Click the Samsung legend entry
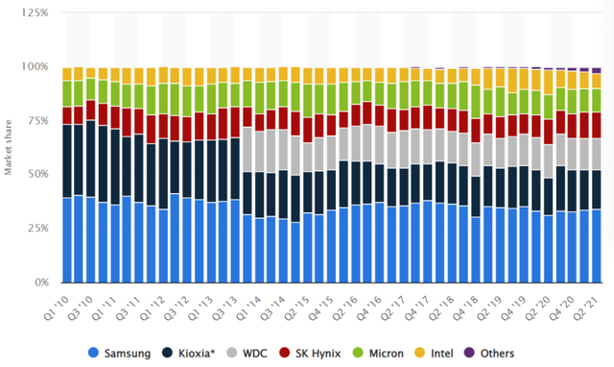(x=119, y=353)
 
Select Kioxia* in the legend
(x=189, y=353)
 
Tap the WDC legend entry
(x=248, y=353)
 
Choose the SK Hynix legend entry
(x=310, y=353)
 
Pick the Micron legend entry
(x=378, y=353)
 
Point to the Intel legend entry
(x=434, y=353)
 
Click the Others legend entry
(x=489, y=353)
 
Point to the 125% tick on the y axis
(x=35, y=12)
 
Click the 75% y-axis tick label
(x=38, y=120)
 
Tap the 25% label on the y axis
(x=38, y=229)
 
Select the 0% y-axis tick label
(x=41, y=281)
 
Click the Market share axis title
(x=9, y=147)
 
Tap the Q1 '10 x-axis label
(x=56, y=308)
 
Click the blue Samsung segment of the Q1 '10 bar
(x=67, y=240)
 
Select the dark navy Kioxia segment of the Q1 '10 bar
(x=67, y=161)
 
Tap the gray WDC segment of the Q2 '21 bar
(x=597, y=154)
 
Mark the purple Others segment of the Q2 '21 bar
(x=597, y=70)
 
